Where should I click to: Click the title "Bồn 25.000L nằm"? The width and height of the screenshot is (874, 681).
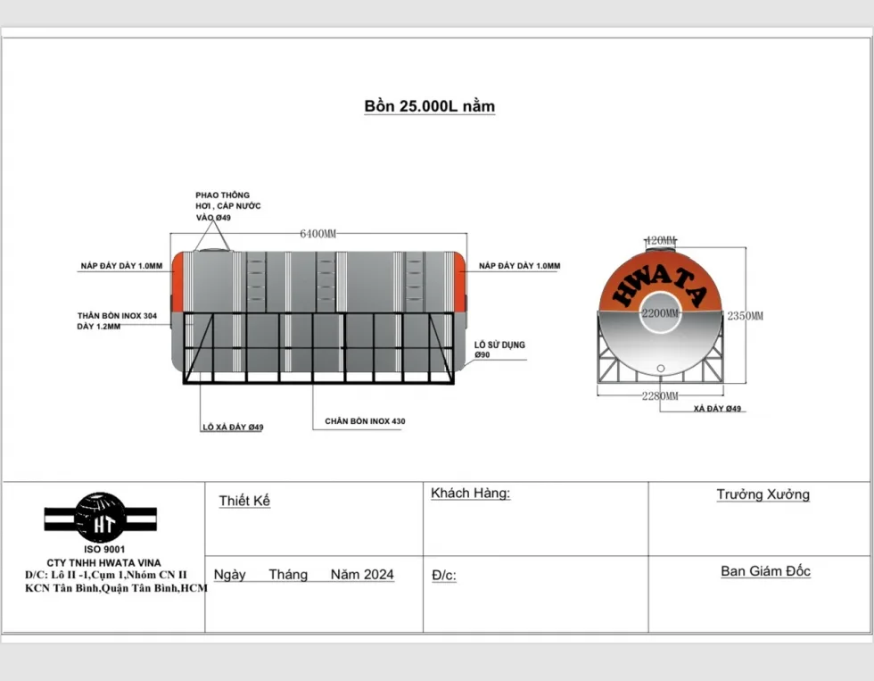[429, 106]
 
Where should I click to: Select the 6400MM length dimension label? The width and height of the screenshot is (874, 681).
[318, 234]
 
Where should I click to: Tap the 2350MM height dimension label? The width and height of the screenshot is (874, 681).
[746, 316]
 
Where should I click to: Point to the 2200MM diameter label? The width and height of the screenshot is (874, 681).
[661, 313]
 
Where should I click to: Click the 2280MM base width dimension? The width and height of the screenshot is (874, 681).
[660, 396]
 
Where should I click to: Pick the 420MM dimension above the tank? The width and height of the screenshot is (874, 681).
[661, 240]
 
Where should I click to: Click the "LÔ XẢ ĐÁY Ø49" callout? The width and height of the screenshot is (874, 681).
[233, 428]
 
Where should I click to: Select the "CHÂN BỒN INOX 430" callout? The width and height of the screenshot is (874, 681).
[365, 421]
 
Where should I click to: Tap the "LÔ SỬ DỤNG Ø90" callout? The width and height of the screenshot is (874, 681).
[499, 350]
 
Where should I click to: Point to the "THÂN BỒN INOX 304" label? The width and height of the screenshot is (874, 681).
[117, 316]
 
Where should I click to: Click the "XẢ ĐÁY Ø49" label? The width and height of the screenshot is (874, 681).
[717, 409]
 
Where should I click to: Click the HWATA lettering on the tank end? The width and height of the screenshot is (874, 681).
[660, 282]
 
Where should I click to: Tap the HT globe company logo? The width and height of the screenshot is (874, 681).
[100, 519]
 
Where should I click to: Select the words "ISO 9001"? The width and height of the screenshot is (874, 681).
[105, 550]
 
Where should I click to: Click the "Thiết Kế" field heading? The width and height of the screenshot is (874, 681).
[244, 501]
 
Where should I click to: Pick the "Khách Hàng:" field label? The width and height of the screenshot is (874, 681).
[471, 493]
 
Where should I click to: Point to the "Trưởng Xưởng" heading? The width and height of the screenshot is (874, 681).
[763, 494]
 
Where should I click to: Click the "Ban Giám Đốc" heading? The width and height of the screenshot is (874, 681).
[765, 571]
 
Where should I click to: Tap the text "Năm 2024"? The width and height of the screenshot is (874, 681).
[362, 575]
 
